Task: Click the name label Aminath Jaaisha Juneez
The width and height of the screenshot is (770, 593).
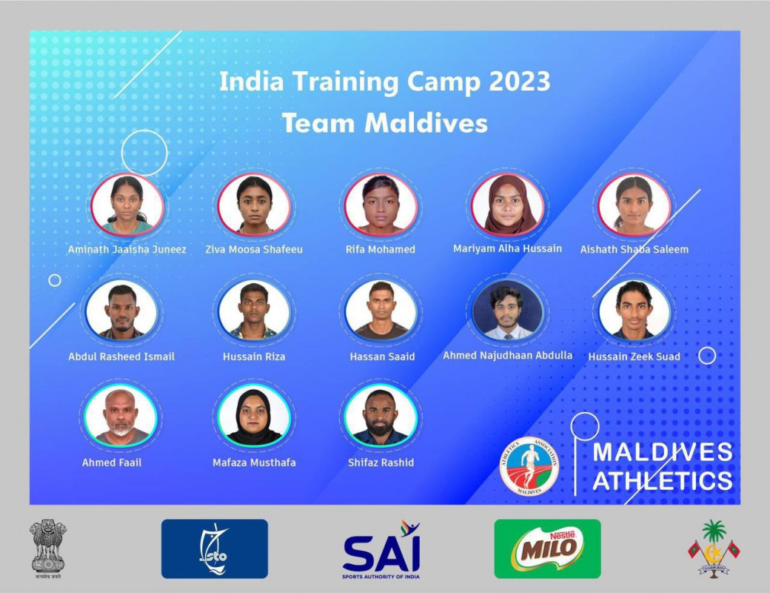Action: pos(127,250)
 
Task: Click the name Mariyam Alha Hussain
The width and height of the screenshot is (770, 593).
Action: pos(507,249)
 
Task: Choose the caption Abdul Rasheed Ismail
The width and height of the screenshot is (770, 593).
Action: pos(121,357)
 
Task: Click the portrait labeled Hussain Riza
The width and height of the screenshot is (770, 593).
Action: pos(254,311)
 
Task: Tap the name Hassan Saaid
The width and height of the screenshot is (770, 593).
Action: pos(382,357)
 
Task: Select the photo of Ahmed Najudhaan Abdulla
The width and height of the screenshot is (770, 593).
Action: pos(508,311)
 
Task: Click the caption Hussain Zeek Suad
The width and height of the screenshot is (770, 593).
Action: pos(634,357)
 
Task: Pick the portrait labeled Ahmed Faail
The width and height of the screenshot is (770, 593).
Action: pos(121,415)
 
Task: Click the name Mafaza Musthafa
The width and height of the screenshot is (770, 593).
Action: pos(254,463)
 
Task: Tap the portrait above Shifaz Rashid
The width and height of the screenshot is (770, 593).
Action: pos(381,415)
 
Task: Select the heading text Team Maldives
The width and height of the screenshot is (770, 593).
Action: pos(384,122)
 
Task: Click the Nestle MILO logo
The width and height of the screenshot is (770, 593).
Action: pos(547,549)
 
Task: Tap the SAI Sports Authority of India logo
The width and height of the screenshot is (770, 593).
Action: pos(381,549)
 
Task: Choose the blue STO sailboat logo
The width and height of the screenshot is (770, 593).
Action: pos(215,549)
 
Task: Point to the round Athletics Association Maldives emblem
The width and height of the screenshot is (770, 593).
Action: pos(529,466)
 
